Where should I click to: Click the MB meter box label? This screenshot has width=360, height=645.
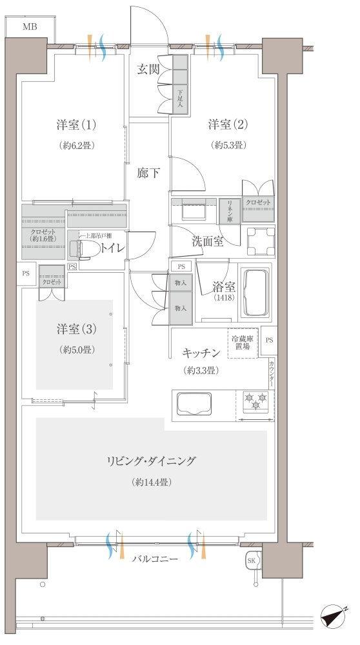30,26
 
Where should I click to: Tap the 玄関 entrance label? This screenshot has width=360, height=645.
148,70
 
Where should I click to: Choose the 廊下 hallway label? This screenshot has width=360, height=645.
148,174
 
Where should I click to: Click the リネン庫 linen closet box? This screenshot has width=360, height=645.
227,211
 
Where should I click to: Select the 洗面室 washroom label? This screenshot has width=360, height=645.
208,241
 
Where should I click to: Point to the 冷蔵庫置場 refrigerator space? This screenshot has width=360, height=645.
243,342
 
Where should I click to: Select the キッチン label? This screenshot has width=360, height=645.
203,353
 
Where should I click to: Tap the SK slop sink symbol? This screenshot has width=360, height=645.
252,560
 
